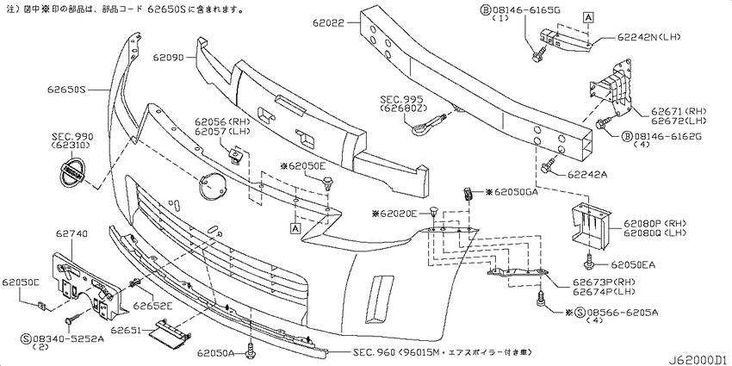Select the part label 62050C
tap(21, 282)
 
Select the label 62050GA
tap(516, 192)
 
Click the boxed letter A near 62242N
tap(587, 16)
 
